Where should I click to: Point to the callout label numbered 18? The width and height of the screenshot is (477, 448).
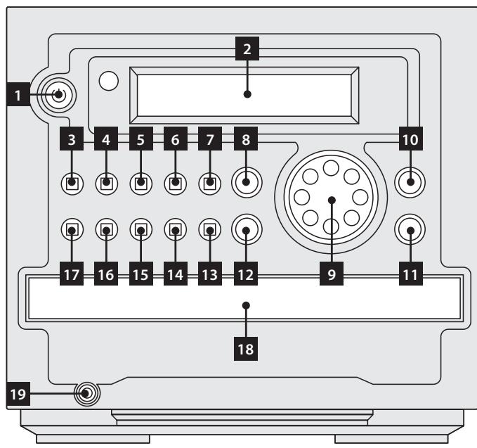[247, 347]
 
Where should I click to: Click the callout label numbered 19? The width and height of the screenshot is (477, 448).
[18, 393]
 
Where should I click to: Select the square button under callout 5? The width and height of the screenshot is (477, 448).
[141, 184]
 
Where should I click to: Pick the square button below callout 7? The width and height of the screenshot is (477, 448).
[209, 184]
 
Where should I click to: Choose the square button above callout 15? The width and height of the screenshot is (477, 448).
[141, 229]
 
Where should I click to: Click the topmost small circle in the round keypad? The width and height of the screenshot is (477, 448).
[332, 169]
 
